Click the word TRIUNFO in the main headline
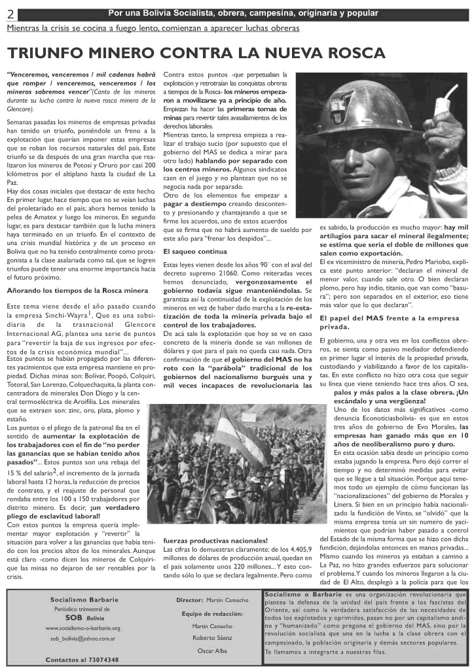coord(52,53)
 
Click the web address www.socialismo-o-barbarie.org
coord(82,628)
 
